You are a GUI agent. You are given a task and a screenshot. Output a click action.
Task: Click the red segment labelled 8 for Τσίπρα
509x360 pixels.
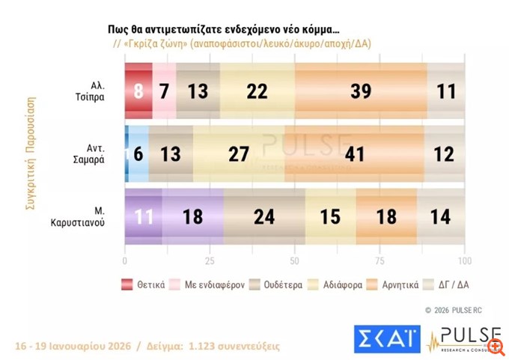pos(138,91)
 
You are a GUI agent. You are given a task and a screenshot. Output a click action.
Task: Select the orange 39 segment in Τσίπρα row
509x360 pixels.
pos(361,91)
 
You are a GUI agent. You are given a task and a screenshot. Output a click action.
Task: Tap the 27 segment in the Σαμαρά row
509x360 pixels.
pos(239,153)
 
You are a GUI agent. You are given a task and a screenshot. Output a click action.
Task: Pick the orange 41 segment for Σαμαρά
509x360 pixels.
pos(354,153)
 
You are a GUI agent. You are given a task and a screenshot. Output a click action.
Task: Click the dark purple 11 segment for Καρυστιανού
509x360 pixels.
pos(143,217)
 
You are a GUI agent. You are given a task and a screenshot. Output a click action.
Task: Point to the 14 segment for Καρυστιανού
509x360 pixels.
pos(441,217)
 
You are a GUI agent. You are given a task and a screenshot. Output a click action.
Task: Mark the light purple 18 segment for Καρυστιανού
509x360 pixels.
pos(192,217)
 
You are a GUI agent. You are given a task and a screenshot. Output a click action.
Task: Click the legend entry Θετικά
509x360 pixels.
pos(144,284)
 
